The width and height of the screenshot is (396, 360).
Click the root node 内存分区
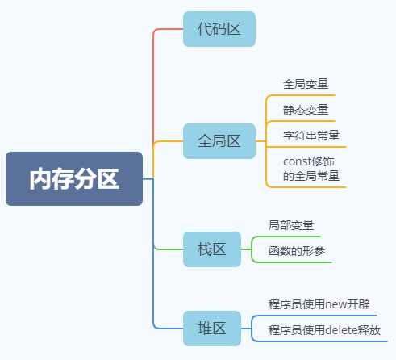[74, 178]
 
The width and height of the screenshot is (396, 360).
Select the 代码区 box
[219, 29]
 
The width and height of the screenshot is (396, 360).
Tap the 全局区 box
[219, 141]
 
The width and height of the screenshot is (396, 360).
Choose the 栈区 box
[212, 249]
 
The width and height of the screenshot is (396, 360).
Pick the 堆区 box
[212, 329]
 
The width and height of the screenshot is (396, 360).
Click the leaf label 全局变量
[306, 84]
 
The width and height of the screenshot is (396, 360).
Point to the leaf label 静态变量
[306, 110]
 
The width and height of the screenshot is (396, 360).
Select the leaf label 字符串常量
[311, 136]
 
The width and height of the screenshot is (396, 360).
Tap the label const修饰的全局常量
[311, 169]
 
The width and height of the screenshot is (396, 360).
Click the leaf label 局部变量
[291, 225]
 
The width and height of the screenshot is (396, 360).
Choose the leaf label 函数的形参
[297, 251]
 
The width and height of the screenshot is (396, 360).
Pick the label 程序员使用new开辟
[319, 304]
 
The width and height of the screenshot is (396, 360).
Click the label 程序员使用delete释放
[324, 330]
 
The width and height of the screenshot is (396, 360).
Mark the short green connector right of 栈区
[246, 249]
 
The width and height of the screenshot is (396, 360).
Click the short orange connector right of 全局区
[261, 141]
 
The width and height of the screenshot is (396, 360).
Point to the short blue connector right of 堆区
[246, 329]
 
